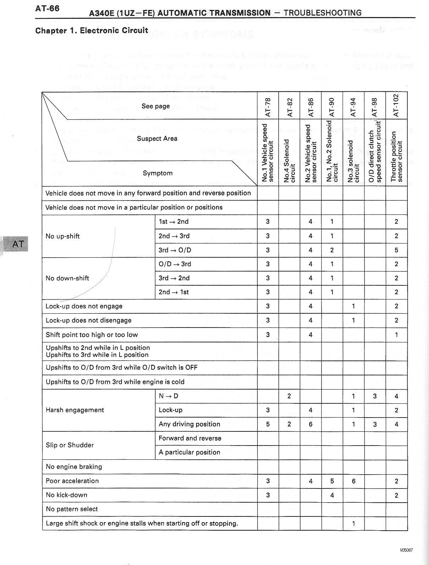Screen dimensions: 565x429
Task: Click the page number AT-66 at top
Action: pos(47,9)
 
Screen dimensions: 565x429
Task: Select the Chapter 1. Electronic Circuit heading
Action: pos(91,30)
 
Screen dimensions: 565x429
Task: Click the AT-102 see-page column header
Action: pos(396,105)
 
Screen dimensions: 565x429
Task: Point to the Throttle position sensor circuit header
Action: pos(397,156)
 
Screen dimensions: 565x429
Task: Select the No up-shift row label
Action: pos(62,236)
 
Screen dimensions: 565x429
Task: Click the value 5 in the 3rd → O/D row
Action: pos(396,250)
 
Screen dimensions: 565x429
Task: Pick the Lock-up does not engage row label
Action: pos(84,306)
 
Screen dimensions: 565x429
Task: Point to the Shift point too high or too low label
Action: pos(92,335)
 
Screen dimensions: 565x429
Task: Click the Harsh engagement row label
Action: pos(75,410)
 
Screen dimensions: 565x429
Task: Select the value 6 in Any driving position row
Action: pos(311,424)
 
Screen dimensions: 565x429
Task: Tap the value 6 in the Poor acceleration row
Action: pos(353,481)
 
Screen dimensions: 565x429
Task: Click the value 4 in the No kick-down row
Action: pos(332,495)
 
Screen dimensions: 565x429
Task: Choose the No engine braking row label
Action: pos(74,467)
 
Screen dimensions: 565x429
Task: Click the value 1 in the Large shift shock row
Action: pos(353,524)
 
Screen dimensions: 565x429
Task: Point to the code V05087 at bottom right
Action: pos(406,550)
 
